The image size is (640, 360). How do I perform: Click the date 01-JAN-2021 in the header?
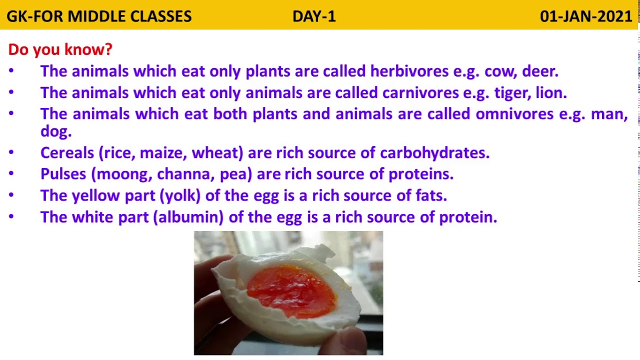coord(585,16)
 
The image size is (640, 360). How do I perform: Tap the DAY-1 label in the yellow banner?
coord(314,16)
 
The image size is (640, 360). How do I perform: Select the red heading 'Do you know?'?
coord(60,49)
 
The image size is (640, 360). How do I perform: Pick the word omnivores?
coord(514,113)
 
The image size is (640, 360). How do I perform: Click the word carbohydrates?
coord(434,152)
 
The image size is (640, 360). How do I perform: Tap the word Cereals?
coord(67,152)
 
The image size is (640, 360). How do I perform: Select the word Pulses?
coord(63,173)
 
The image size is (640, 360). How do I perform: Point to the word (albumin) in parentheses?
coord(188,217)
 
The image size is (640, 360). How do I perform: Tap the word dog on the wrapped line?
coord(56,131)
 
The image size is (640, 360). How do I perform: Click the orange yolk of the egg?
coord(292,291)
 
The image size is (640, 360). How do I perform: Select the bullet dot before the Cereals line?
coord(11,152)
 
